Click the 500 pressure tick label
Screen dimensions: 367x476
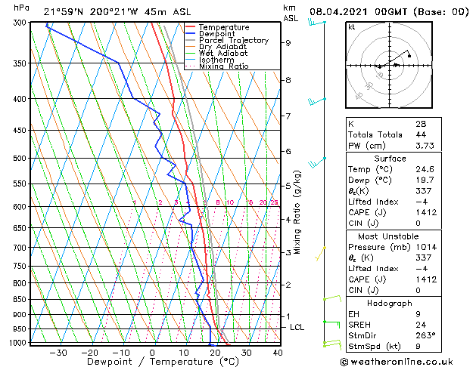(x=20, y=159)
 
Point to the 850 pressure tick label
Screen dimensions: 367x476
(x=20, y=299)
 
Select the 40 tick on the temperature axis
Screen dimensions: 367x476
(x=278, y=352)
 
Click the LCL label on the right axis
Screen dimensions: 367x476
(x=297, y=327)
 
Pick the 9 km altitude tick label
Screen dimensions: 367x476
(x=288, y=43)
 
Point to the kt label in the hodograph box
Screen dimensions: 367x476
(x=352, y=26)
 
